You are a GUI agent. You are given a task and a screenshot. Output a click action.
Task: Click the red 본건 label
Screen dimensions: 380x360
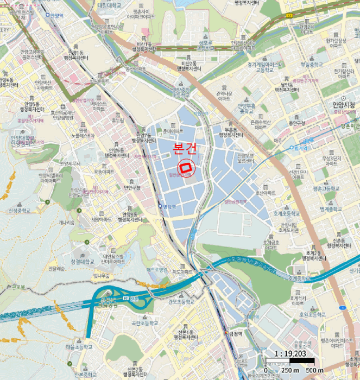(184, 148)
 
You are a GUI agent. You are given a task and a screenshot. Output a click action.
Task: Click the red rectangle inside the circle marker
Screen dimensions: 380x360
(186, 167)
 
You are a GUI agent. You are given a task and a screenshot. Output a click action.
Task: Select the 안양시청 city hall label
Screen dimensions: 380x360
(340, 104)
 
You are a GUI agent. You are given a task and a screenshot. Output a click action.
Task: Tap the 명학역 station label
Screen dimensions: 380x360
(170, 207)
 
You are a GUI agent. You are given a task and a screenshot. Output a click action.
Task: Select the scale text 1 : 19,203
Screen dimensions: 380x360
(290, 354)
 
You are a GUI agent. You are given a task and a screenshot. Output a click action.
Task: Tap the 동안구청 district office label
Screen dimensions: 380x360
(296, 123)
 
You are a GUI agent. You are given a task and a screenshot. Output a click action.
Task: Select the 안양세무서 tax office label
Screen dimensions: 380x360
(71, 163)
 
